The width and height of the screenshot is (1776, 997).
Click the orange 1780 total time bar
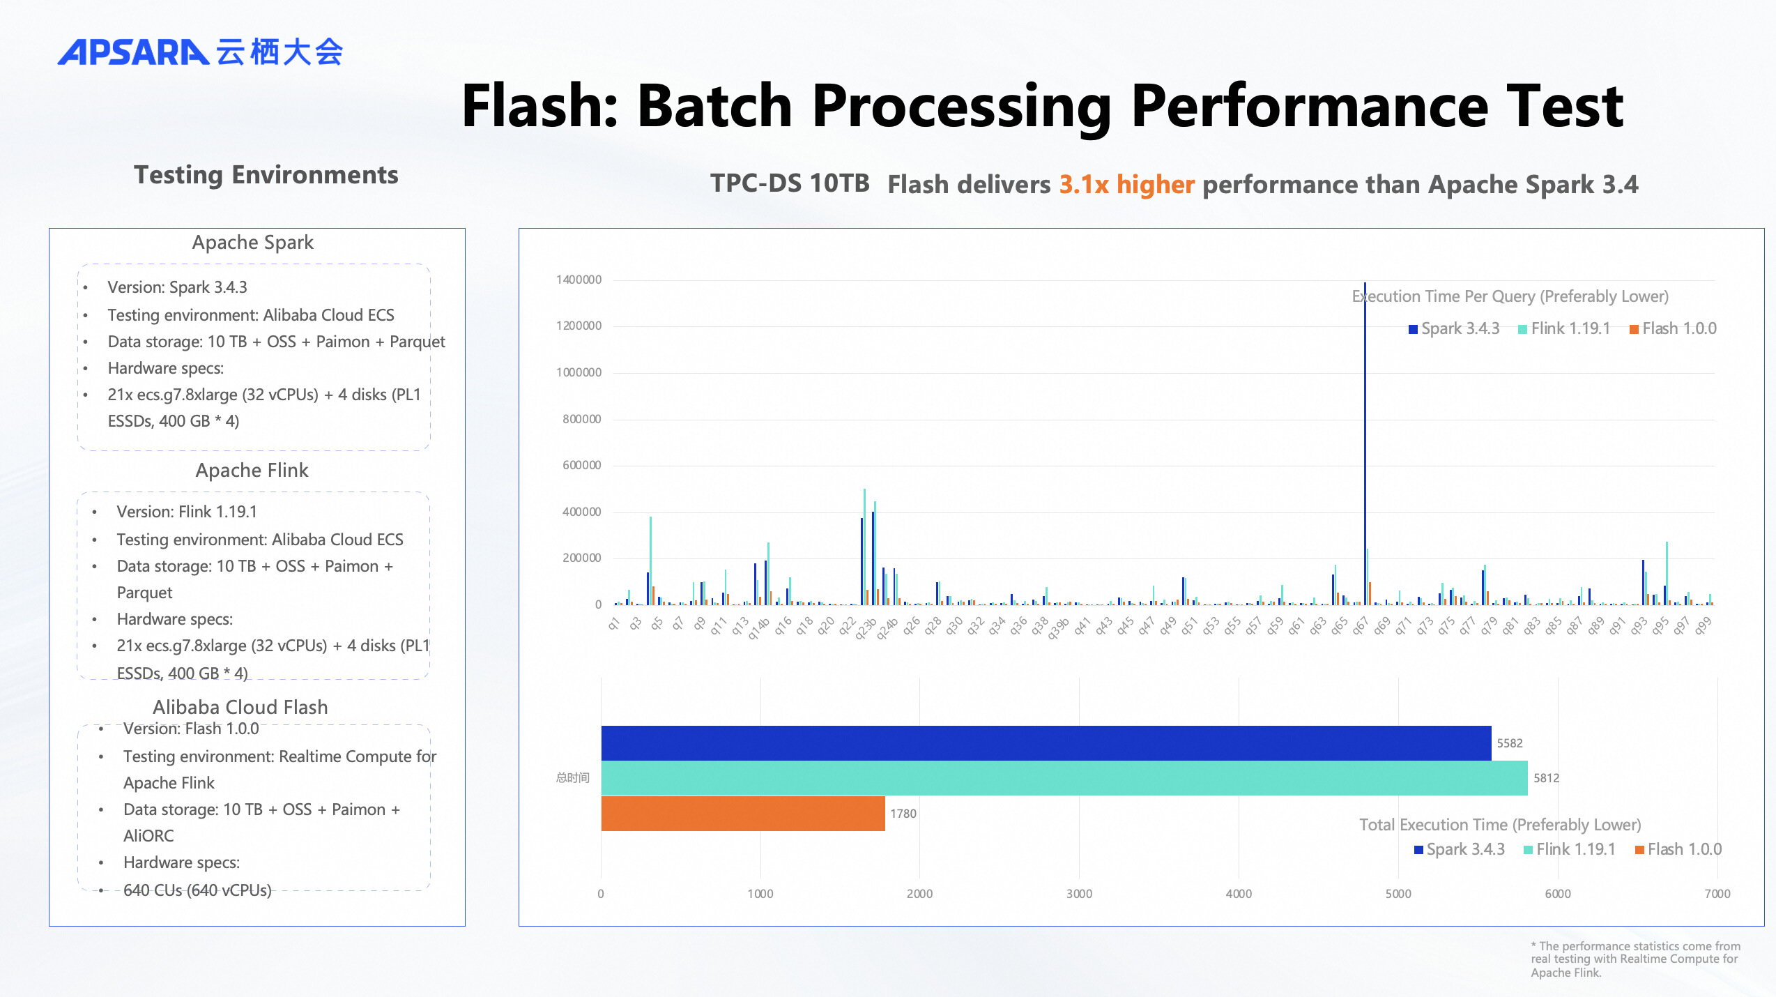742,814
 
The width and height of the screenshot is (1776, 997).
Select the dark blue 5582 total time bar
1046,743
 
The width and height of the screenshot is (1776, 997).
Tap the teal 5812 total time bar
1064,778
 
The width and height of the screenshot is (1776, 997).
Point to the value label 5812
1546,778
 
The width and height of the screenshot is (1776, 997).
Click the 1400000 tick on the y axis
579,280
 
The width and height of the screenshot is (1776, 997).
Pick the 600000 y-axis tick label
581,465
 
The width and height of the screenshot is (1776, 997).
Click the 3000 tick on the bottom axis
1079,894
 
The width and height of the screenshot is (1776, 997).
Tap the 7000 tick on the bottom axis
1717,894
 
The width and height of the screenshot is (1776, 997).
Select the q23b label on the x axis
866,627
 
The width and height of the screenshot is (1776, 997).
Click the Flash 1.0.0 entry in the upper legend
1673,328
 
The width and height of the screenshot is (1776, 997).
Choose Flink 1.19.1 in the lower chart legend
1570,849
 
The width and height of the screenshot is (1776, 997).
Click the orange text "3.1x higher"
1126,185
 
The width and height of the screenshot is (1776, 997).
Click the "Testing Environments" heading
266,175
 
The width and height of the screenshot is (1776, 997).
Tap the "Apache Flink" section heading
252,471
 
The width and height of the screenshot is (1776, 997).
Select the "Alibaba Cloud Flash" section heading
240,707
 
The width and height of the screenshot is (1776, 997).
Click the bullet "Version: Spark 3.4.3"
177,287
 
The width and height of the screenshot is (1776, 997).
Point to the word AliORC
148,836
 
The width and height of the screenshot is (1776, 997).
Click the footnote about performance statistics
1635,959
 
